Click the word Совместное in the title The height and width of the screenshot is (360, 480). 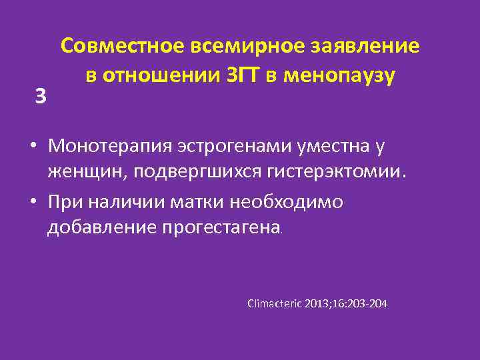121,47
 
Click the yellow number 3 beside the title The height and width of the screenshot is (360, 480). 41,97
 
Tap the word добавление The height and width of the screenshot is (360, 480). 101,227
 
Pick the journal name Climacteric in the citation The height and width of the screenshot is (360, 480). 275,304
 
